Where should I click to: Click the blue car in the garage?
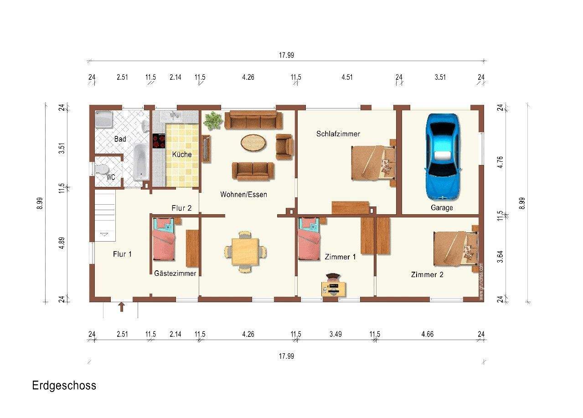(443, 157)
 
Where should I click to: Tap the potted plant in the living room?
(213, 120)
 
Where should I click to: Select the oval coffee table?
(253, 143)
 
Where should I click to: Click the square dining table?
(245, 252)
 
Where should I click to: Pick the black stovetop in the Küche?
(159, 141)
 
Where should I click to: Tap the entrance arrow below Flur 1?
(121, 307)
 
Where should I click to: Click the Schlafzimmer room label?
(338, 134)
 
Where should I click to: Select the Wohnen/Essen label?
(243, 195)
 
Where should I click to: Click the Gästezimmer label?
(175, 274)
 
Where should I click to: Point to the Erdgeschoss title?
(64, 386)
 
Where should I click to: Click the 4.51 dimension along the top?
(347, 77)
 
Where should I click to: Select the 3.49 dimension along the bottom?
(335, 334)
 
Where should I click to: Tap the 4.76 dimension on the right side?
(500, 162)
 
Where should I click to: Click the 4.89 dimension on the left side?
(62, 243)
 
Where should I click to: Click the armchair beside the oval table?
(284, 146)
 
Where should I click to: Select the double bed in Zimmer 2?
(456, 248)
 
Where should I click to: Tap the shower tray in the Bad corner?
(103, 119)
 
